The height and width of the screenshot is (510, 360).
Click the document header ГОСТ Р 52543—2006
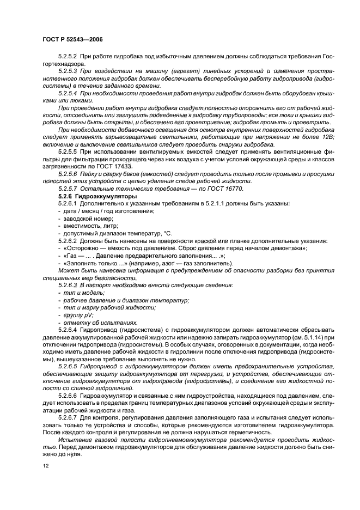click(x=72, y=40)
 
